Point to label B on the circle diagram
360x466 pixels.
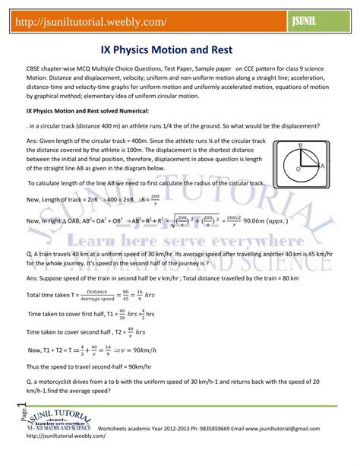coord(300,145)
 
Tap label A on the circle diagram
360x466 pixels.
coord(324,165)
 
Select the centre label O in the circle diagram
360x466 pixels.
coord(297,170)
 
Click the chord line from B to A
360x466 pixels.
coord(311,157)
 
